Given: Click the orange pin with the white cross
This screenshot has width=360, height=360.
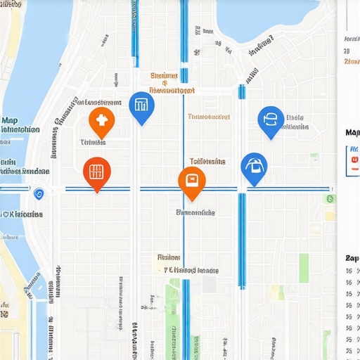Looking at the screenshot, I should [x=102, y=122].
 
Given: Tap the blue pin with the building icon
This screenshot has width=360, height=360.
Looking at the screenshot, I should [x=142, y=107].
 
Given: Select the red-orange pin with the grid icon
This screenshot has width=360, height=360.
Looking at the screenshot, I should [x=97, y=172].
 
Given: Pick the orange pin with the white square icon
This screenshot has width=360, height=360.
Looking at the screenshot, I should [x=191, y=181].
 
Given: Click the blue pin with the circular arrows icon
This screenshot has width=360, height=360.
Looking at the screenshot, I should [x=271, y=121].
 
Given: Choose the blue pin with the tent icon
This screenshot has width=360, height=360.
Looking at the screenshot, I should [x=254, y=167].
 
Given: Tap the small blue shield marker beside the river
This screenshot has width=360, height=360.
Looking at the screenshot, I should [x=39, y=193].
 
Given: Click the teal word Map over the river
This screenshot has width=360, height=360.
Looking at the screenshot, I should [x=10, y=120].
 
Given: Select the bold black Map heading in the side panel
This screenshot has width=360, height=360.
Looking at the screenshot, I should [x=352, y=132].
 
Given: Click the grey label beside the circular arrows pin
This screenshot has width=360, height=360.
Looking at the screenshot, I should [x=296, y=122].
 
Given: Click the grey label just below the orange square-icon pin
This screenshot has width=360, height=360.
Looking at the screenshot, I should [x=195, y=212].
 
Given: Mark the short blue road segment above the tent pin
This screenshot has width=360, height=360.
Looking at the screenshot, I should [x=242, y=91].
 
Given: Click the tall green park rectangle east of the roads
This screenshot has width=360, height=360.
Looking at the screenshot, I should [x=304, y=268].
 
